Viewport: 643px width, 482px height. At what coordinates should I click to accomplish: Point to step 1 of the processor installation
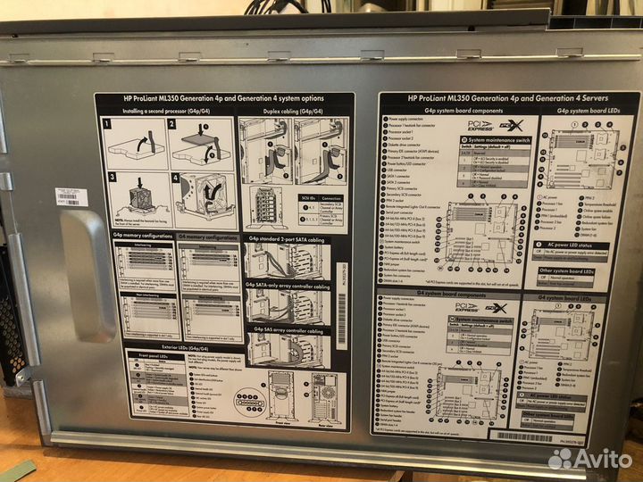135,142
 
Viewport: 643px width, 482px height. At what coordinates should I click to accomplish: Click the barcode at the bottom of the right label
527,436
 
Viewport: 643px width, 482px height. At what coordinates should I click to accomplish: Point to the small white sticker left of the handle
71,196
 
